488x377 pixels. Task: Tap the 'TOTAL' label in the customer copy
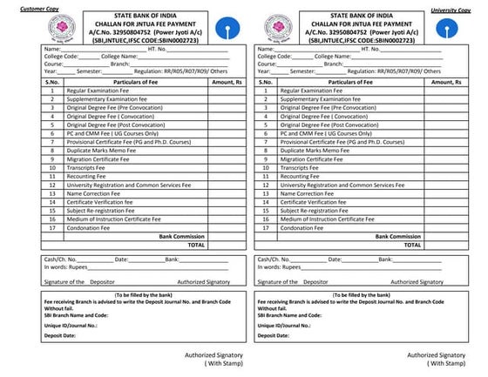click(x=195, y=245)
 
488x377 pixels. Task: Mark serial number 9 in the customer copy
click(x=52, y=159)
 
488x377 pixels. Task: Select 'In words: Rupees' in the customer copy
click(x=65, y=267)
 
